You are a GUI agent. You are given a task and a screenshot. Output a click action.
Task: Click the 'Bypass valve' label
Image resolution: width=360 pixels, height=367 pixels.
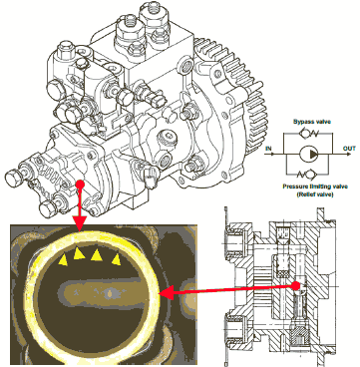pyautogui.click(x=312, y=122)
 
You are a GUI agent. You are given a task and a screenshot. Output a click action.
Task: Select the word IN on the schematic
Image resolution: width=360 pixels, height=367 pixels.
pyautogui.click(x=268, y=149)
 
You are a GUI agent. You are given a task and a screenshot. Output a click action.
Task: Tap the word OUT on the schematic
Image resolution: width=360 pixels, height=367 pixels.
pyautogui.click(x=349, y=149)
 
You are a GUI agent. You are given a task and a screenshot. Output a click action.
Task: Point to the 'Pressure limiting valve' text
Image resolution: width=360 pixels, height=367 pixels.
pyautogui.click(x=315, y=186)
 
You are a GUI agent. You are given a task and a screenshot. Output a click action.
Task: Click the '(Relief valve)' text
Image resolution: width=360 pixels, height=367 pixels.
pyautogui.click(x=315, y=194)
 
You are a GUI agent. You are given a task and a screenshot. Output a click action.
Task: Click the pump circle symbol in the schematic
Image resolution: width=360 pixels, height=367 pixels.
pyautogui.click(x=309, y=154)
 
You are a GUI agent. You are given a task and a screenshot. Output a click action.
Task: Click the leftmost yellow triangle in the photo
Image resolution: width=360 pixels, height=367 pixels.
pyautogui.click(x=63, y=260)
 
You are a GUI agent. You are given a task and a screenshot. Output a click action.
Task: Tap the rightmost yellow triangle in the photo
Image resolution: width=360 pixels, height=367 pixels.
pyautogui.click(x=117, y=259)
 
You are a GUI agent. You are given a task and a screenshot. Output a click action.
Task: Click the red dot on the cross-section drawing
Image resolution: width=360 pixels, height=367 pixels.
pyautogui.click(x=296, y=285)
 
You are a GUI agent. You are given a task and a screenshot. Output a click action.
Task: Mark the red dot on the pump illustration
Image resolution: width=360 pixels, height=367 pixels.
pyautogui.click(x=80, y=184)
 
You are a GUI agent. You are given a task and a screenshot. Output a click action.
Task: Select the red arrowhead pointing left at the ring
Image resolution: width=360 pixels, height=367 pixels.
pyautogui.click(x=167, y=293)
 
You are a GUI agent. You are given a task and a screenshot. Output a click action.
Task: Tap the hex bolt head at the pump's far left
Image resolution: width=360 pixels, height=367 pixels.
pyautogui.click(x=12, y=180)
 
